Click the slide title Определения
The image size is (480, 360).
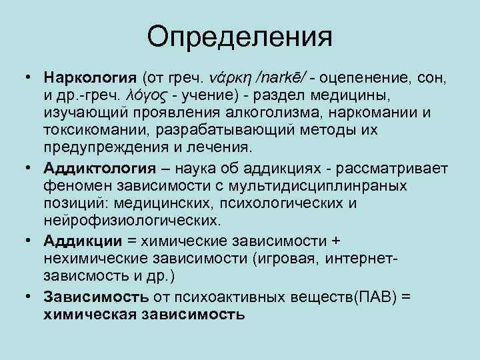(x=240, y=37)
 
